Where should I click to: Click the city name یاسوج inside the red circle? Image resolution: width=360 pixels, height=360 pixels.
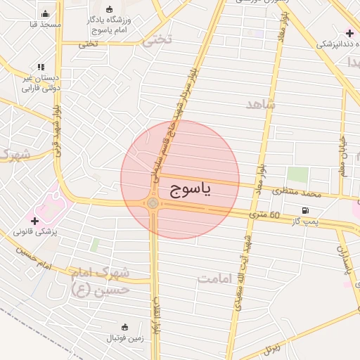point(190,190)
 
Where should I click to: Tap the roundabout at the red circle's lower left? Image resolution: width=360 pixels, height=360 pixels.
point(153,204)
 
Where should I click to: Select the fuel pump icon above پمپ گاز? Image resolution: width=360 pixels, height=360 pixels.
point(304,210)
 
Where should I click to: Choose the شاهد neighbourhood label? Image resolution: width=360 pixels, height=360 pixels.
point(261,104)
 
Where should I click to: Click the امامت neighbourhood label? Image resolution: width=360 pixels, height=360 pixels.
point(215,279)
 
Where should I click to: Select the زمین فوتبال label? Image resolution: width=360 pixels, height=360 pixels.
point(125,338)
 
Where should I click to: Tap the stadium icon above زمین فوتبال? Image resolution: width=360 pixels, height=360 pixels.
point(125,327)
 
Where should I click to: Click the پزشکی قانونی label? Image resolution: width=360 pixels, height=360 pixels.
point(35,231)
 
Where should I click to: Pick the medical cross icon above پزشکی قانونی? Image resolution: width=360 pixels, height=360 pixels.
point(34,220)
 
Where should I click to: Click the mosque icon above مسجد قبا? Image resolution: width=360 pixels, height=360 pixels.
point(46,13)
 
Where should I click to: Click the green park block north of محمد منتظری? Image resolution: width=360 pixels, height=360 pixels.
point(297,175)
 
